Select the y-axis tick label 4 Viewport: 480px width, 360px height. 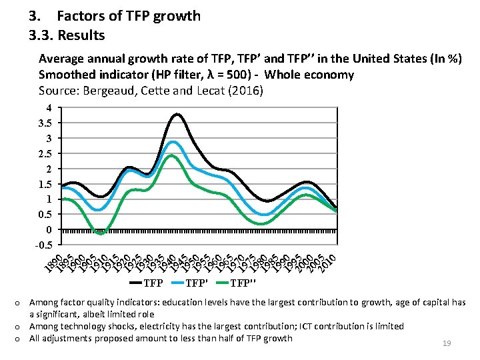(48, 107)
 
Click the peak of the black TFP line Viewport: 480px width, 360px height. (177, 115)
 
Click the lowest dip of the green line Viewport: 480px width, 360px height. (100, 233)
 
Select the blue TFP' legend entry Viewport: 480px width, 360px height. (195, 283)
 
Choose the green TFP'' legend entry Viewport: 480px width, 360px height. (243, 283)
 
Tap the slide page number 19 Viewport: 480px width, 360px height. (447, 343)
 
